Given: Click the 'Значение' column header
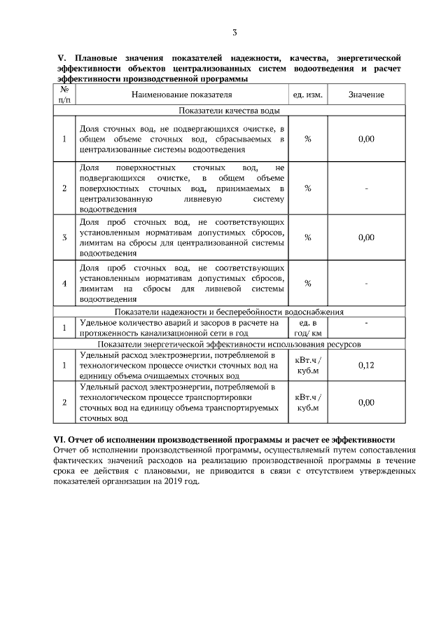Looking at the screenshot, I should coord(366,94).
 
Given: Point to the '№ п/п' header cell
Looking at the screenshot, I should coord(64,94).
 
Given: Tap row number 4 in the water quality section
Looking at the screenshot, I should coord(64,283).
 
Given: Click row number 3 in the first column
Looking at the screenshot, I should coord(64,237).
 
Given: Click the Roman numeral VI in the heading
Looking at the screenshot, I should coord(60,440).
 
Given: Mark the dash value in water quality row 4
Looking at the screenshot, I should coord(366,283).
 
